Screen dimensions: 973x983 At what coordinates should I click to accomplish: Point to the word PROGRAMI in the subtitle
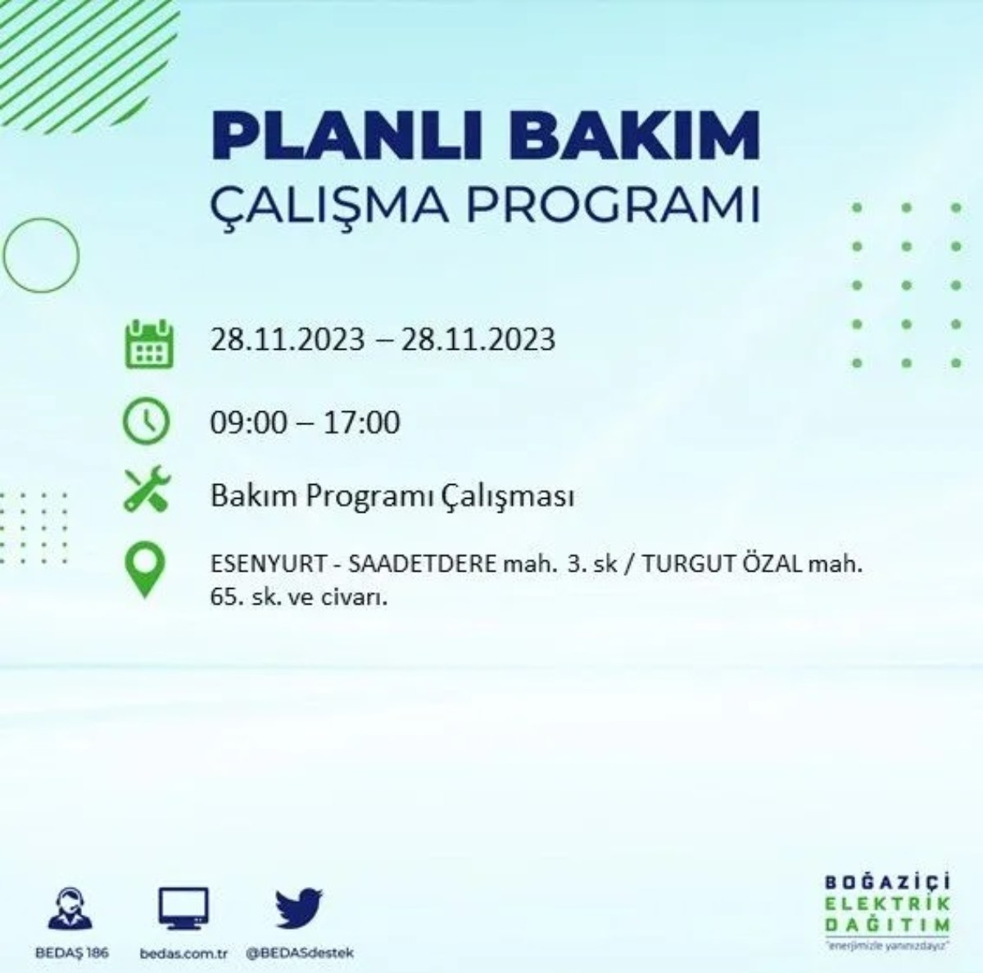coord(614,206)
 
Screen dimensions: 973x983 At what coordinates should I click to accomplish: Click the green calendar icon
coord(148,344)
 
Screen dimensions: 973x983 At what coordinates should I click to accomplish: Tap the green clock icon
coord(146,422)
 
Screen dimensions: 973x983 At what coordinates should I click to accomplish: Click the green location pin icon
coord(145,570)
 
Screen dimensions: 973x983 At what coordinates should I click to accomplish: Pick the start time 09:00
coord(249,423)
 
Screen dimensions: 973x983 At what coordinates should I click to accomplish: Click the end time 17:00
coord(361,423)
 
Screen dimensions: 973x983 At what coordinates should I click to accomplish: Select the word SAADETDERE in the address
coord(423,564)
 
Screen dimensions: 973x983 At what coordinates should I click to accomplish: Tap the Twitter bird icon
coord(299,908)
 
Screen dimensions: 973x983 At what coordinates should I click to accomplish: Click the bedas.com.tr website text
coord(183,953)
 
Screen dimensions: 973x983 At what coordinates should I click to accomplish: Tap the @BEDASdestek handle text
coord(300,953)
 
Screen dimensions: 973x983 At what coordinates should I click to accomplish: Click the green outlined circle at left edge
coord(41,256)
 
